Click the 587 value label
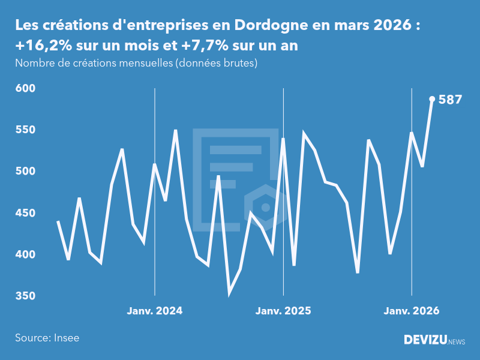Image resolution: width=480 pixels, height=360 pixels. tap(450, 100)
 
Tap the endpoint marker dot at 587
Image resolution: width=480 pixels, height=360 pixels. tap(432, 99)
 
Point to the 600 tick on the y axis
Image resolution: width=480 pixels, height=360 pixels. tap(25, 88)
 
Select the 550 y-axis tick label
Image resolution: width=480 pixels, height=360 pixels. tap(25, 130)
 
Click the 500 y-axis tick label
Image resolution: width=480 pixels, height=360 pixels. tap(25, 172)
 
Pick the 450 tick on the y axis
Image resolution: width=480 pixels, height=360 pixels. tap(25, 213)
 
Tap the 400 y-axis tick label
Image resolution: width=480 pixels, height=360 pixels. tap(25, 254)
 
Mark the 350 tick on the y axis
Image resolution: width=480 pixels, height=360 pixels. tap(25, 296)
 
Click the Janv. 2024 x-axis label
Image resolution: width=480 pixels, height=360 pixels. tap(155, 311)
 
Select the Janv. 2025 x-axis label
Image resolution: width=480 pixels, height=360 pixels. tap(283, 311)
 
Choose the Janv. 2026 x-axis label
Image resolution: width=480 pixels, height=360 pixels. tap(412, 311)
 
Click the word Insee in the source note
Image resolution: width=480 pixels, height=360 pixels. tap(67, 338)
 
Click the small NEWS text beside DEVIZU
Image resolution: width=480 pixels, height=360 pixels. tap(457, 342)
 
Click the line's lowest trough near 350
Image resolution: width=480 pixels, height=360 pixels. tap(229, 294)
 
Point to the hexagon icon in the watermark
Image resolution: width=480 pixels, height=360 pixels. tap(265, 208)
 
